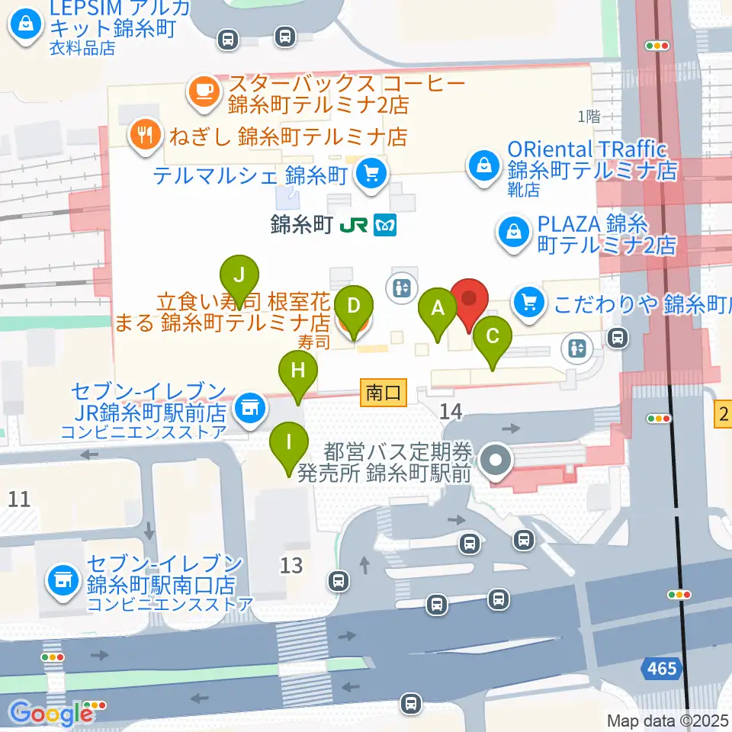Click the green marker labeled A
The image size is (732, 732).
tap(438, 308)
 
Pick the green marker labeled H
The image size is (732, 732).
tap(297, 373)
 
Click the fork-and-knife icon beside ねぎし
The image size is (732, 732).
tap(143, 136)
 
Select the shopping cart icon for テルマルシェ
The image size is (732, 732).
tap(371, 174)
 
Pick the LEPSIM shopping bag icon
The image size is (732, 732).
tap(26, 26)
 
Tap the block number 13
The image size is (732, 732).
tap(291, 565)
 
